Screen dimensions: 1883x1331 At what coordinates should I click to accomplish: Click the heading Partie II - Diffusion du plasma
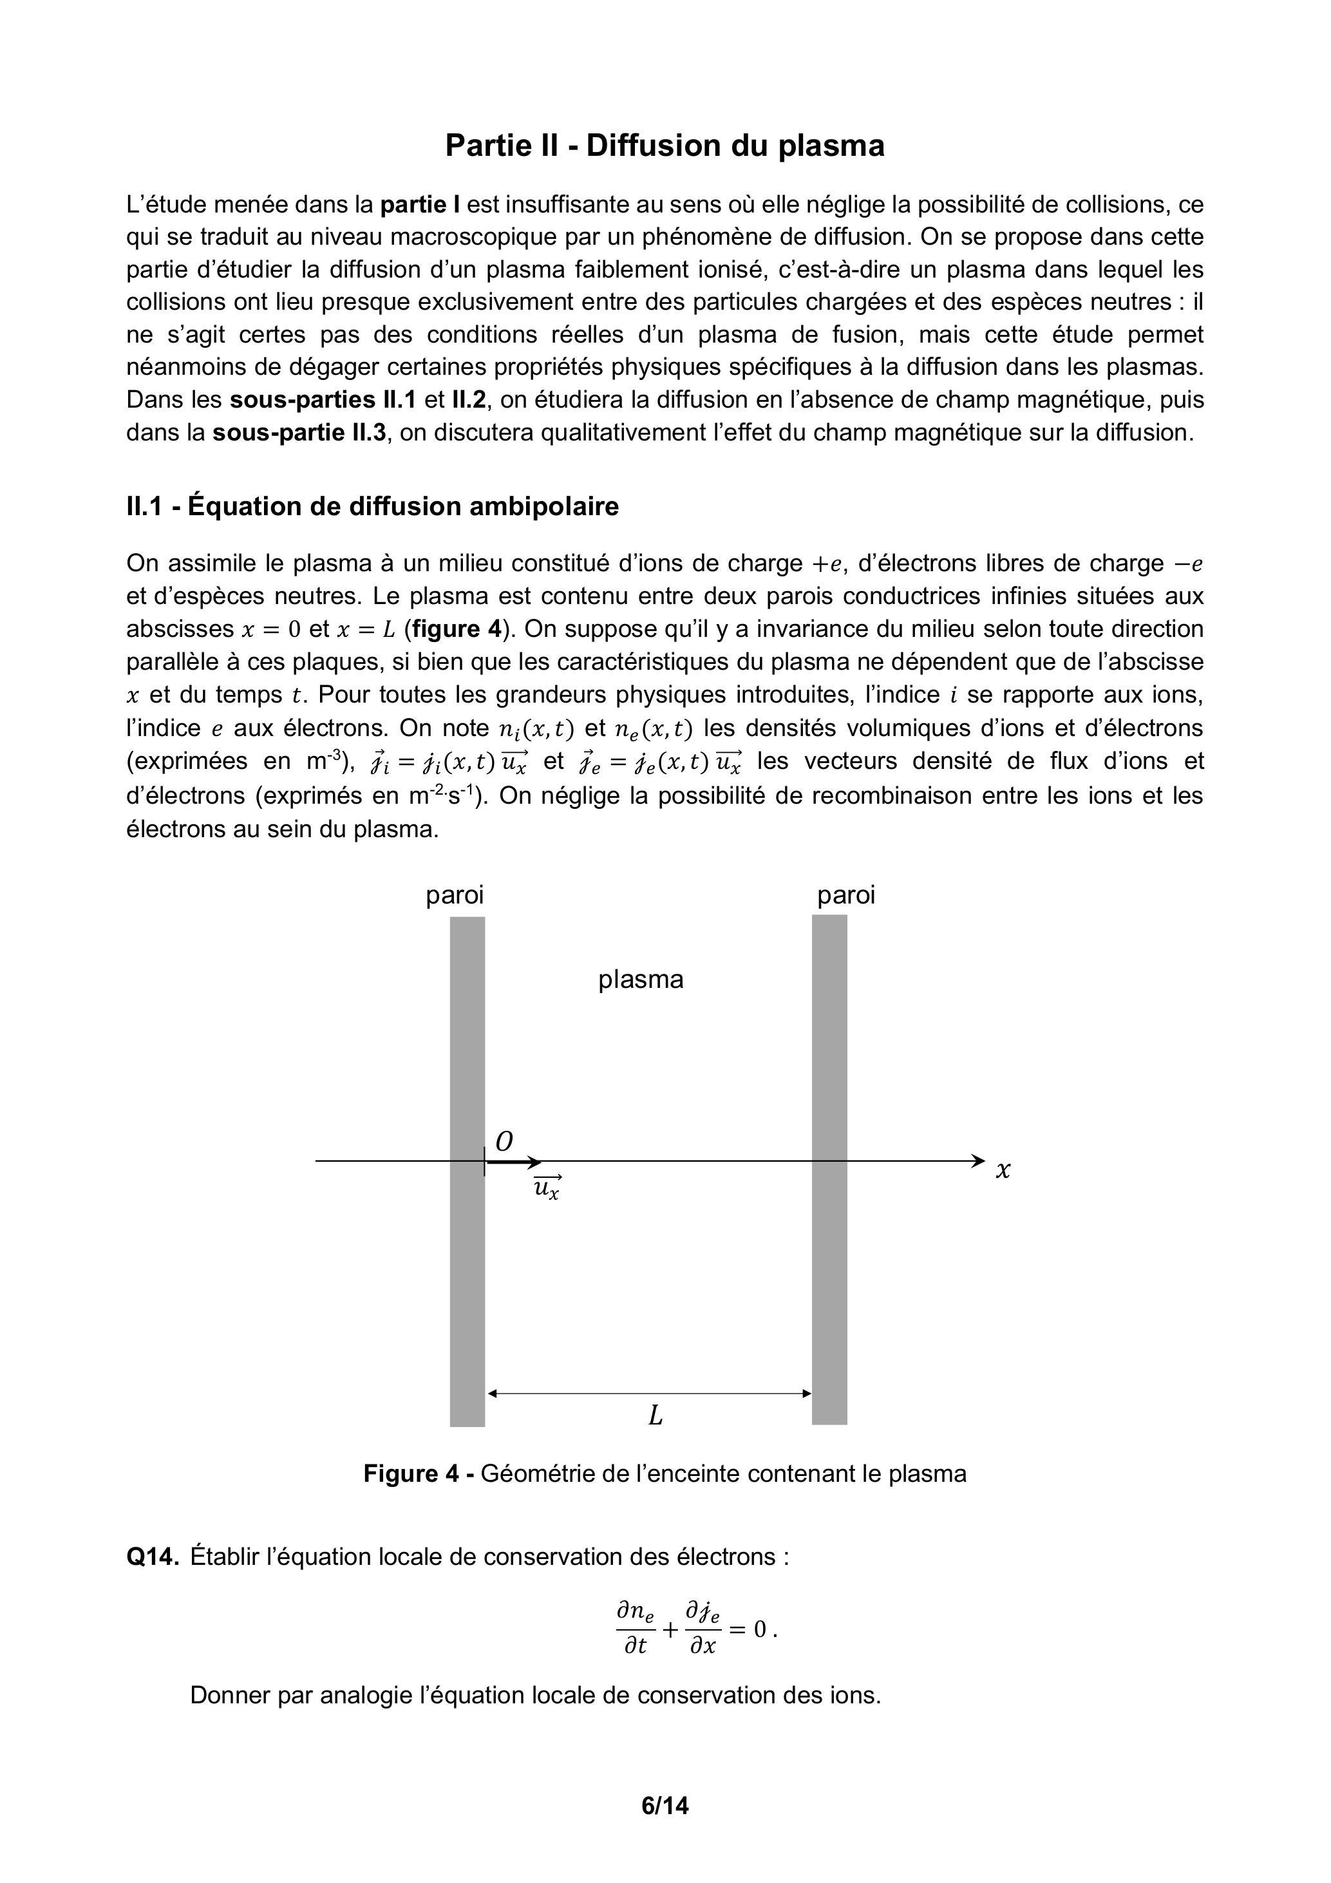click(x=665, y=146)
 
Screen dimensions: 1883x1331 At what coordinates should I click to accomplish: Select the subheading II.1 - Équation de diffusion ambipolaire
click(x=372, y=506)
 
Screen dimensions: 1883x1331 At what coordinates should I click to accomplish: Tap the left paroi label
click(x=455, y=894)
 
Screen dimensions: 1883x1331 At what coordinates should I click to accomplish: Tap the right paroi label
click(x=845, y=894)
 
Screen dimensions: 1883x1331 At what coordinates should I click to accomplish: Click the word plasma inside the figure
click(x=641, y=979)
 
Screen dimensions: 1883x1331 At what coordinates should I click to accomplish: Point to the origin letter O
click(x=504, y=1140)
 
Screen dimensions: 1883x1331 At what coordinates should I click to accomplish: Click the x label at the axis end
click(x=1002, y=1170)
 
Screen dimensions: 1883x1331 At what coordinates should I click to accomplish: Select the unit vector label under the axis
click(x=547, y=1188)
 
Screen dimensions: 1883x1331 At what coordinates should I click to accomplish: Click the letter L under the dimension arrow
click(x=656, y=1415)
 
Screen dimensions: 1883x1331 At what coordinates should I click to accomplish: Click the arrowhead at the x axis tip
click(x=977, y=1160)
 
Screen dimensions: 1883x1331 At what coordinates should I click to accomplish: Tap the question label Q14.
click(x=153, y=1557)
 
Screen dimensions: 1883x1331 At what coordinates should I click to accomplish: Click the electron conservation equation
click(x=696, y=1629)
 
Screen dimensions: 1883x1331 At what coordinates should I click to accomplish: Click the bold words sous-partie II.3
click(x=299, y=432)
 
